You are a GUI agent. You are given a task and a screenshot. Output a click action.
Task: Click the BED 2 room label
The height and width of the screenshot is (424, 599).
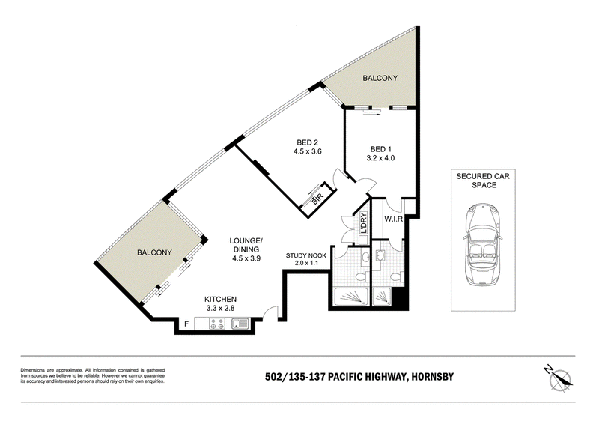point(307,143)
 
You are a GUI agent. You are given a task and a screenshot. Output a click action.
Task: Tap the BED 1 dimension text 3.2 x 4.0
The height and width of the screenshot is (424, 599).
point(380,158)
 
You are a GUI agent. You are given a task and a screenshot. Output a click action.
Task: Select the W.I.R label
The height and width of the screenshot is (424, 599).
point(392,219)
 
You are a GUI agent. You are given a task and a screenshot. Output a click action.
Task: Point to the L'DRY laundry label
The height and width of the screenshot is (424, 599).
point(363,223)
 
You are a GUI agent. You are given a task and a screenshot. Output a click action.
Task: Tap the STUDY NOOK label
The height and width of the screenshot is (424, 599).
point(306,255)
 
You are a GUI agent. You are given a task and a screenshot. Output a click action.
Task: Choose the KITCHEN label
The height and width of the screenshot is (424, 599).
point(220,300)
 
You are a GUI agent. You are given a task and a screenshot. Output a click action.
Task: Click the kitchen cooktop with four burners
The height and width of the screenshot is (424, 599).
point(217,324)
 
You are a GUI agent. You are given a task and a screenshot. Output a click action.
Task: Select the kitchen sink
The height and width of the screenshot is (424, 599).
point(240,324)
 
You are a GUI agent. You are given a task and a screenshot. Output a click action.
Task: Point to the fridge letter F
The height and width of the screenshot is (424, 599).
point(186,324)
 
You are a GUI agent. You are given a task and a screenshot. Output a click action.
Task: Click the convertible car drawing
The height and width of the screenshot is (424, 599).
point(483,245)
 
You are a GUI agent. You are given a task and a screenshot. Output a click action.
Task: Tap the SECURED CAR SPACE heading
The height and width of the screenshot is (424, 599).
point(483,181)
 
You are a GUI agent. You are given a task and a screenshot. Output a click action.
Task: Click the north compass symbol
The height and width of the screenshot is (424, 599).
point(559,378)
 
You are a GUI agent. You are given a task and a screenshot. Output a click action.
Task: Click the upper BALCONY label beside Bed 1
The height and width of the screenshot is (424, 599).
point(380,78)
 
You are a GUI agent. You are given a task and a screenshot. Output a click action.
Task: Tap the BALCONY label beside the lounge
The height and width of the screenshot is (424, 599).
point(154,252)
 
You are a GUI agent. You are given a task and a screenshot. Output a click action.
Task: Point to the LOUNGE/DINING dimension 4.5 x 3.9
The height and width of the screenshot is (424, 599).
point(246,258)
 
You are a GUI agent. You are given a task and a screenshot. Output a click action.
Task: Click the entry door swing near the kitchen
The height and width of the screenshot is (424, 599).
point(270,312)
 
